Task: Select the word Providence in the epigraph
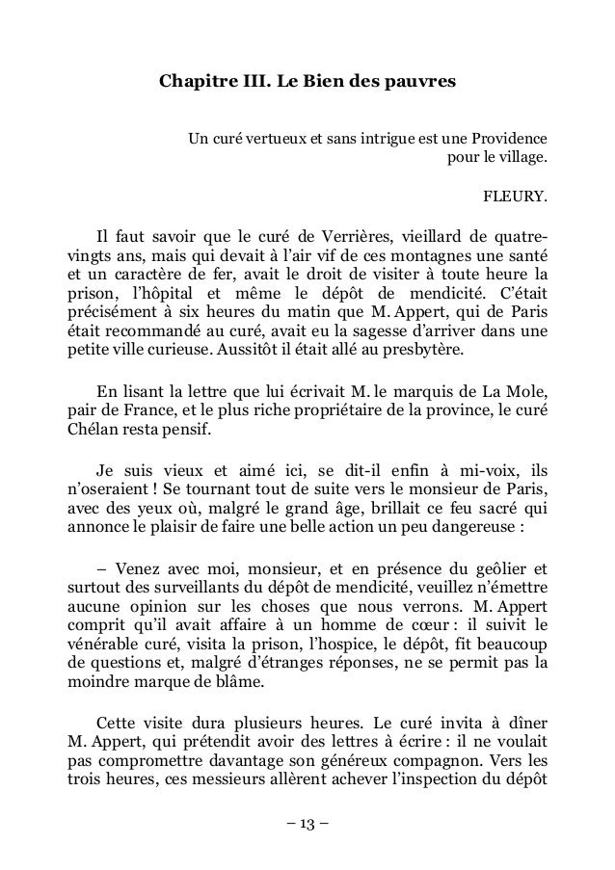500,137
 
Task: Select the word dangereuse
461,528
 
